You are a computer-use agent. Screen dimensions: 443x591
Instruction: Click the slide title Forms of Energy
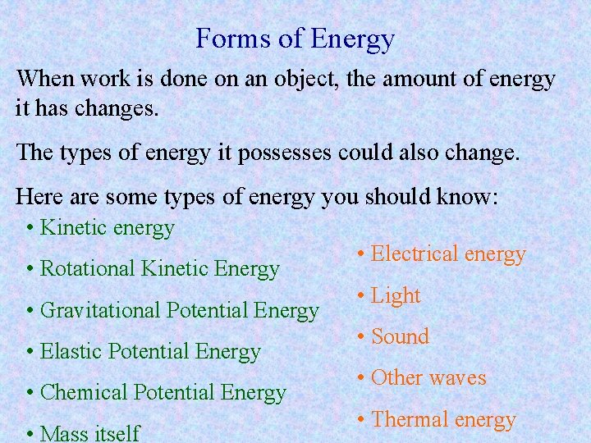tap(295, 39)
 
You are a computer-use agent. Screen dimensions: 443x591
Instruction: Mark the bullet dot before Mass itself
tap(30, 433)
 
